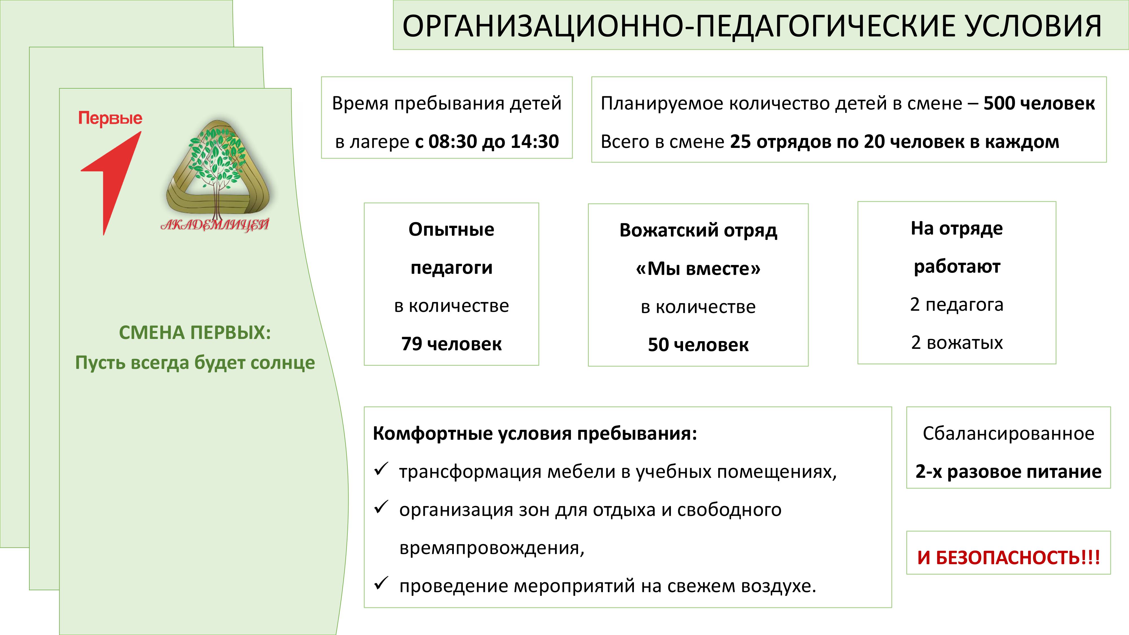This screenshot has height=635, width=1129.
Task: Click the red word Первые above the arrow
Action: coord(110,118)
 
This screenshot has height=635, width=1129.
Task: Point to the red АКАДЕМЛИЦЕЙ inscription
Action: coord(215,225)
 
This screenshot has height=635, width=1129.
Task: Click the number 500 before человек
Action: coord(1000,103)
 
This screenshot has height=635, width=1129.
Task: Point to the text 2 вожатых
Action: coord(957,343)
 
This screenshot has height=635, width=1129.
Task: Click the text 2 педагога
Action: coord(957,305)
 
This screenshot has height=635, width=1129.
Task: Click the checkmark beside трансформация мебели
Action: coord(381,469)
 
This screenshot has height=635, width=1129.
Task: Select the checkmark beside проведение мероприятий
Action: coord(381,583)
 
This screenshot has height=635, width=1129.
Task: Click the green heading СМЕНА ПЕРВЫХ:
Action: coord(195,333)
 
